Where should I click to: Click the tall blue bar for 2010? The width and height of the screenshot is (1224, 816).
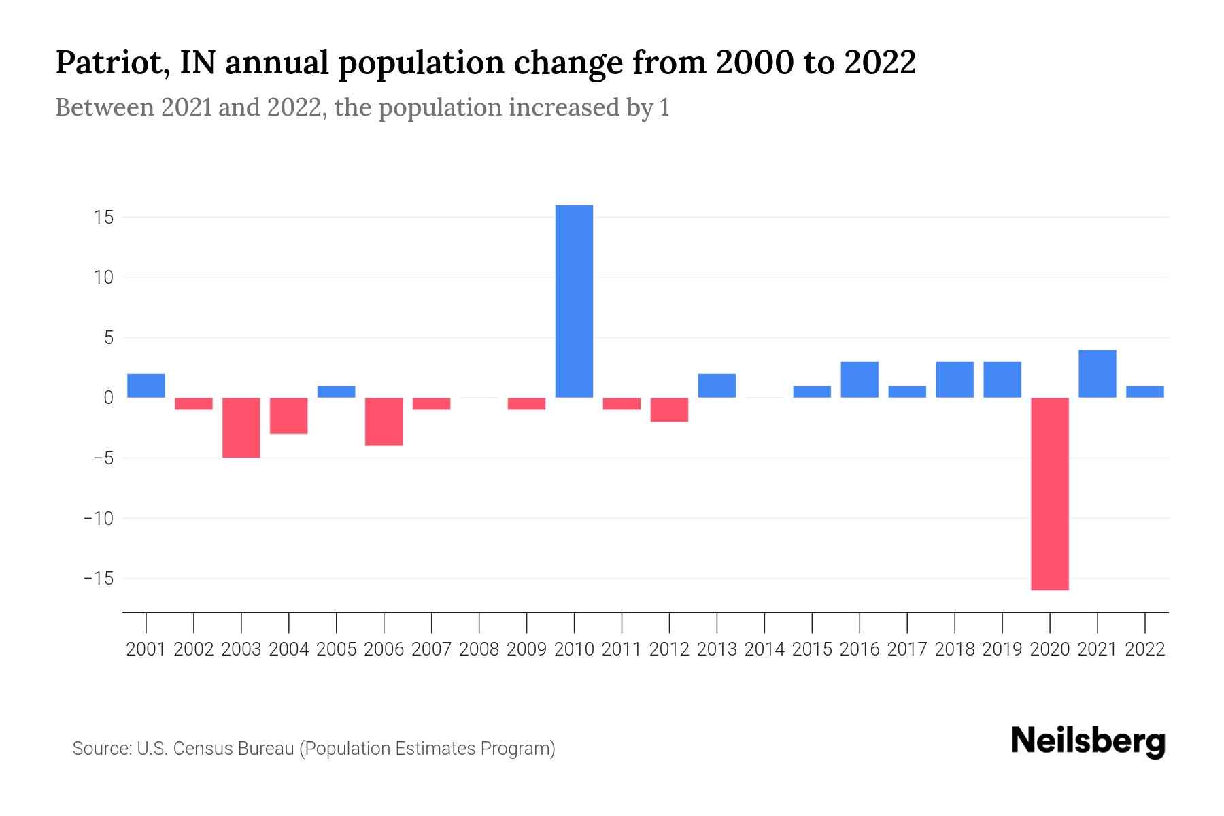click(x=574, y=301)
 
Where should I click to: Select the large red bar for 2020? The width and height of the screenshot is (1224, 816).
click(x=1049, y=494)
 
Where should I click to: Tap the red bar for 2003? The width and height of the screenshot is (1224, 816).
click(x=241, y=428)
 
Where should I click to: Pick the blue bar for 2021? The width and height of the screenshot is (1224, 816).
click(x=1097, y=374)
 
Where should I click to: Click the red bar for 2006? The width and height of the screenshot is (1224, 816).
click(x=384, y=422)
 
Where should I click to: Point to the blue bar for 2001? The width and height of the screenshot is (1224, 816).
click(x=146, y=386)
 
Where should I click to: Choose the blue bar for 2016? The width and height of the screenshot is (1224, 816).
click(x=860, y=379)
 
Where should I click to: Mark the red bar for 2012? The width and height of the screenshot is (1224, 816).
click(x=669, y=409)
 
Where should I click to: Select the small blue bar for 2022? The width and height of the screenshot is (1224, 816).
click(x=1144, y=392)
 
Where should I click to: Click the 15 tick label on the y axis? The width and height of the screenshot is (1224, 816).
click(x=104, y=218)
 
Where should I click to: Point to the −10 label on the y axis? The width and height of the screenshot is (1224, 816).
click(x=98, y=519)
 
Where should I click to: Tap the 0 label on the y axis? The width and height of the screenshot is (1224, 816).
click(x=108, y=398)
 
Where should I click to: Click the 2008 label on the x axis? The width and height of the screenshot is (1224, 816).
click(x=479, y=649)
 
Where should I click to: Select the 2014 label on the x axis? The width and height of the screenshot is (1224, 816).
click(x=764, y=649)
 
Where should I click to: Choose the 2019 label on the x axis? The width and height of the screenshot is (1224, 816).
click(x=1002, y=649)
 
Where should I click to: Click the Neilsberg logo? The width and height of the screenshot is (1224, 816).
click(x=1087, y=741)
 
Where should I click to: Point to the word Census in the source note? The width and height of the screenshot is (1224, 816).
click(x=202, y=749)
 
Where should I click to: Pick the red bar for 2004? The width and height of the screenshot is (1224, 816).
click(x=289, y=415)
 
